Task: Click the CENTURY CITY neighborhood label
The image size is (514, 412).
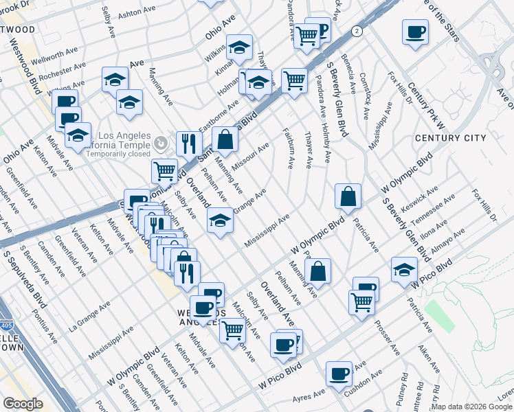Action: (451, 138)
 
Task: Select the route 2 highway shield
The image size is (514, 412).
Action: (357, 32)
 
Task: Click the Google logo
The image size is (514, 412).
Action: (23, 404)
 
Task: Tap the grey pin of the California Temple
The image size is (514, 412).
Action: (161, 143)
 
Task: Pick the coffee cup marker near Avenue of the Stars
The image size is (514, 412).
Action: (414, 32)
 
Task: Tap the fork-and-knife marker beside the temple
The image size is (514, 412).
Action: (188, 144)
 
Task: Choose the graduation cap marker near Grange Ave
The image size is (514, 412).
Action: (219, 220)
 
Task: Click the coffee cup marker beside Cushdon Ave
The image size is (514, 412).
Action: (339, 374)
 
